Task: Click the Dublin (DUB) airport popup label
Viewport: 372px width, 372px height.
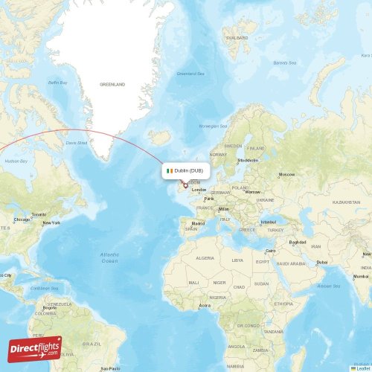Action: pos(186,170)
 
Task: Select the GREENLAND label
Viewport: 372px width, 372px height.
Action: pos(112,84)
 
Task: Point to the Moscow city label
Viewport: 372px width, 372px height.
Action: pos(286,174)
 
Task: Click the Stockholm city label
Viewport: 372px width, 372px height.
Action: pos(247,160)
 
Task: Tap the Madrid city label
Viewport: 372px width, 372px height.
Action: pos(198,223)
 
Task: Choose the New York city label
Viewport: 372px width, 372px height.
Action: pos(51,222)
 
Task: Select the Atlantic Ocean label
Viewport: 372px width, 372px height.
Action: pos(109,257)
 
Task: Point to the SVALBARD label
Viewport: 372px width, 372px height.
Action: pos(237,36)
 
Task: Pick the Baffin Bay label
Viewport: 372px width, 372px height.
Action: pos(57,82)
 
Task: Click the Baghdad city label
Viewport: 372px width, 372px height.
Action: pos(298,242)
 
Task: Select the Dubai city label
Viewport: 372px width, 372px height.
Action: pos(321,262)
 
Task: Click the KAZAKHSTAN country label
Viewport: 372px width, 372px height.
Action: pos(346,202)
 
